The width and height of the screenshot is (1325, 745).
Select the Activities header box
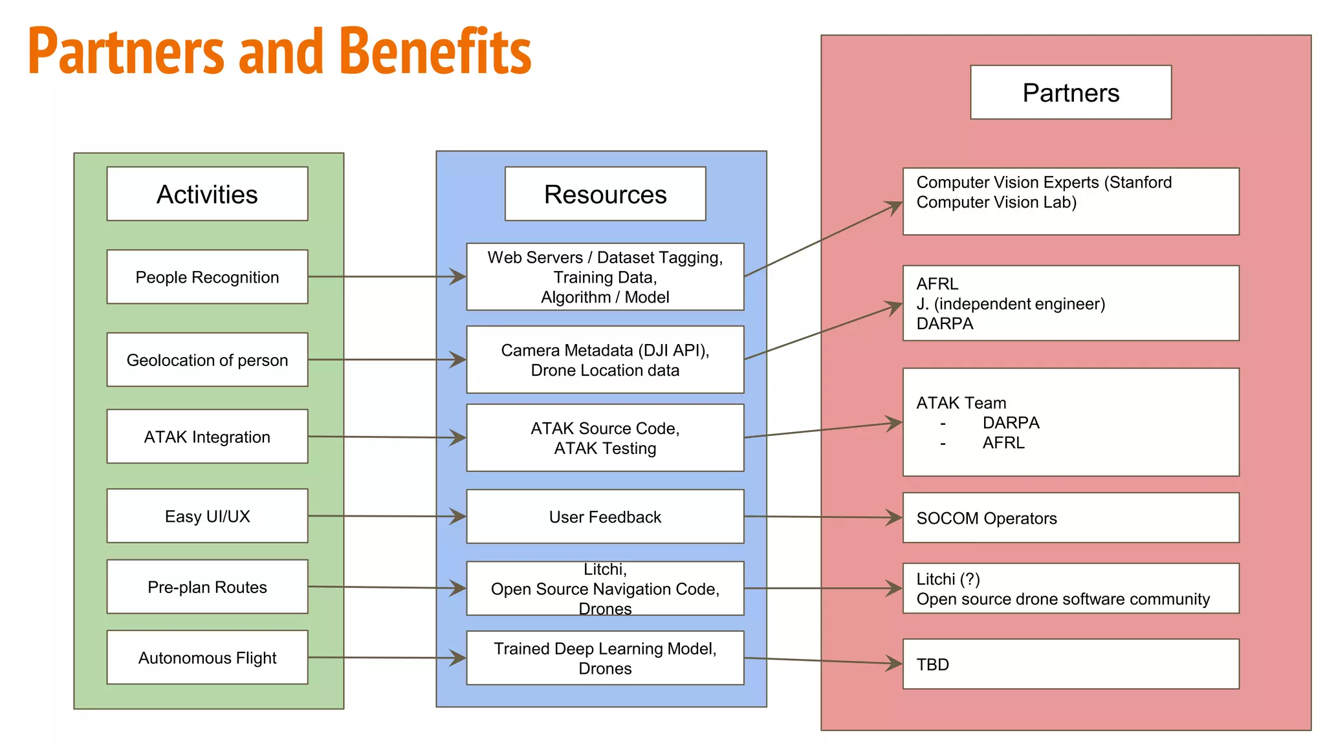pyautogui.click(x=207, y=194)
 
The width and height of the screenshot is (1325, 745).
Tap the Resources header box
pyautogui.click(x=605, y=194)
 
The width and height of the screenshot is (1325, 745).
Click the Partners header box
pyautogui.click(x=1071, y=92)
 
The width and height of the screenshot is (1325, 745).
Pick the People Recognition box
pyautogui.click(x=207, y=277)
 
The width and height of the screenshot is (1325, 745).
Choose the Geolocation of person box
pyautogui.click(x=207, y=360)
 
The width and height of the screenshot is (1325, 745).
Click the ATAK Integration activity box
pyautogui.click(x=207, y=437)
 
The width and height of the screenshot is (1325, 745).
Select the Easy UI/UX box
pyautogui.click(x=207, y=516)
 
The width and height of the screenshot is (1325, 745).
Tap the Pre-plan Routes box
pyautogui.click(x=207, y=587)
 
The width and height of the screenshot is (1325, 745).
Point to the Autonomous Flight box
pyautogui.click(x=207, y=658)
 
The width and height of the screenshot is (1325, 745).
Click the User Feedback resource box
pyautogui.click(x=605, y=517)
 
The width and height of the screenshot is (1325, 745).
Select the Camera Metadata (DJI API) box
pyautogui.click(x=605, y=360)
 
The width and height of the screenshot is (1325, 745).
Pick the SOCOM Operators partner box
pyautogui.click(x=1071, y=518)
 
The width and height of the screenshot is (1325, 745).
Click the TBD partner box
pyautogui.click(x=1071, y=664)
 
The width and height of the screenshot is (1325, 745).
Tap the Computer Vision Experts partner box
pyautogui.click(x=1071, y=201)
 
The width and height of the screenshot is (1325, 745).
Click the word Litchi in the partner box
pyautogui.click(x=936, y=579)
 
